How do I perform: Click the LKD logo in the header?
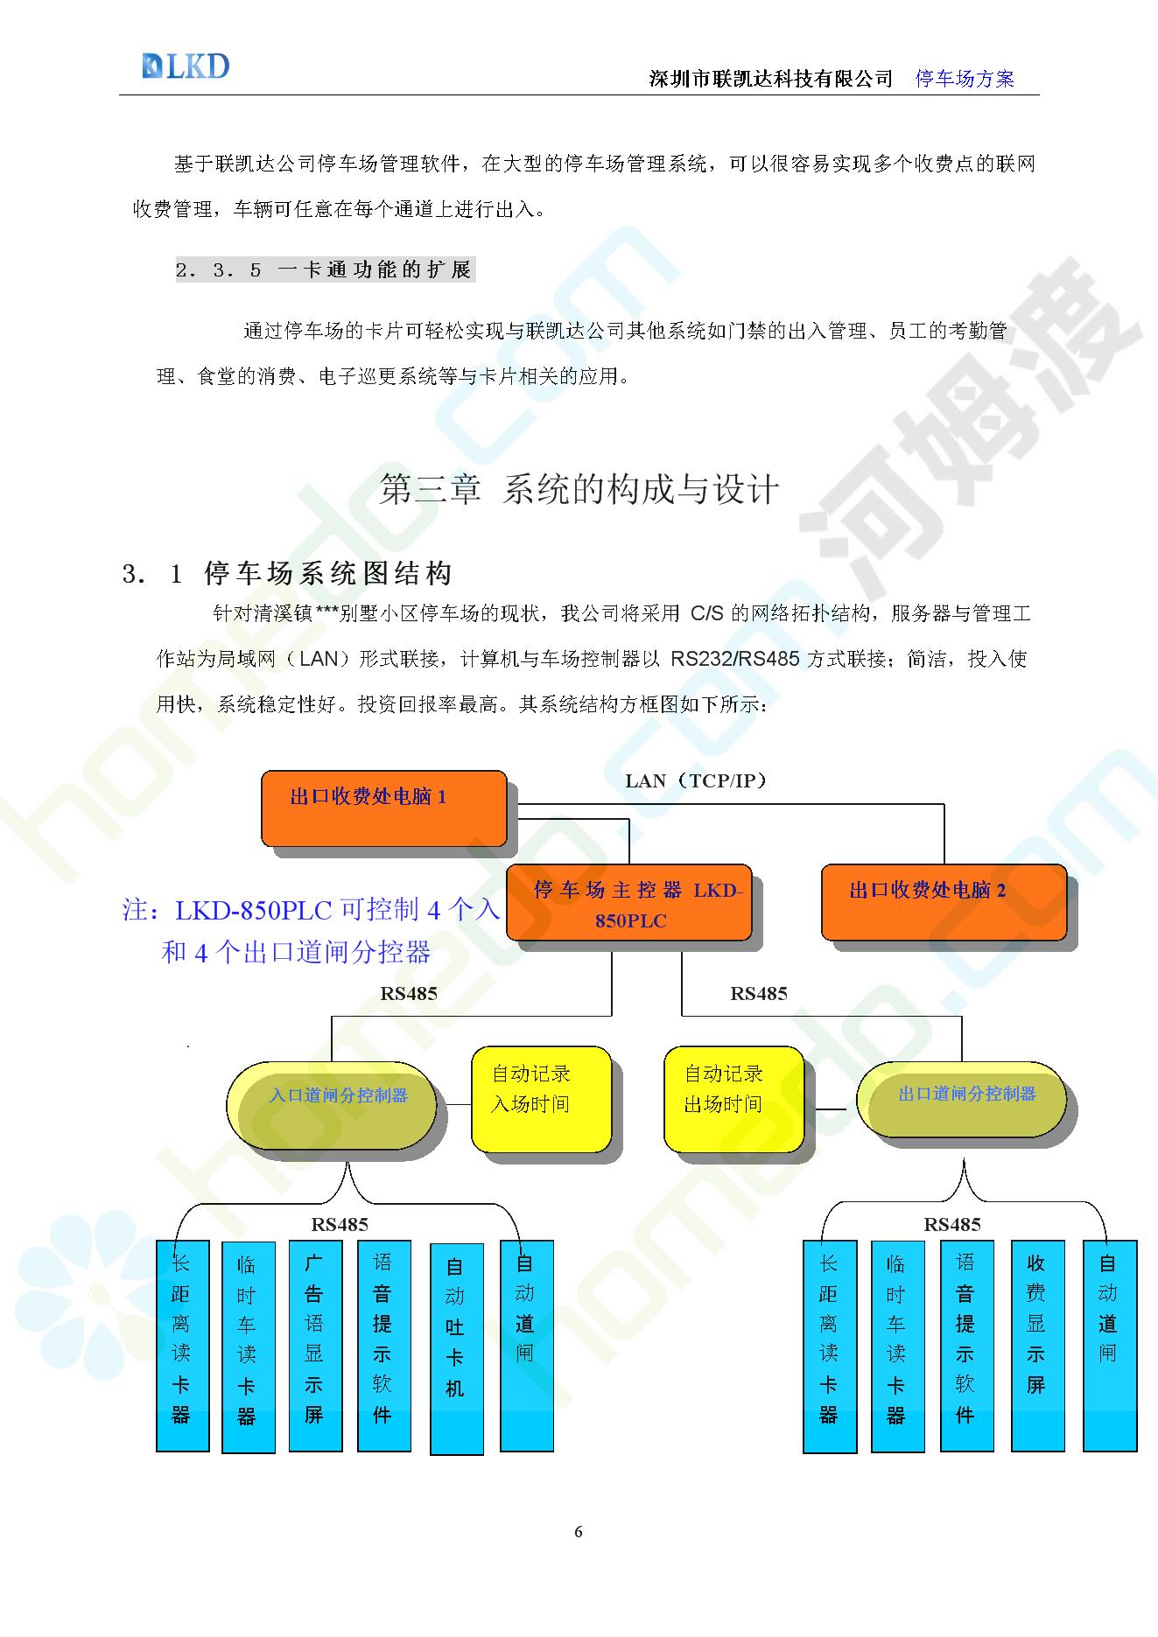click(x=186, y=66)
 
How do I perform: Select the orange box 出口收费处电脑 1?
click(x=384, y=808)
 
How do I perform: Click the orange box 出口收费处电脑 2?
click(x=944, y=902)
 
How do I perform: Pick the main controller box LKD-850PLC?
click(x=629, y=902)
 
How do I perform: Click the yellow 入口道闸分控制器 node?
click(x=332, y=1105)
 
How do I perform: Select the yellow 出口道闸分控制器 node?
click(x=961, y=1100)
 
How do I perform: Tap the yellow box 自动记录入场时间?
click(x=541, y=1100)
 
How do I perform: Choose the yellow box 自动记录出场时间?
click(x=733, y=1100)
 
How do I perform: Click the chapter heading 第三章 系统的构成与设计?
click(x=579, y=490)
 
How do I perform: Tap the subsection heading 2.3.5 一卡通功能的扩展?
click(x=324, y=269)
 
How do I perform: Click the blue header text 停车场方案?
click(x=965, y=79)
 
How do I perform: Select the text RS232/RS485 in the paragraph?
click(x=735, y=659)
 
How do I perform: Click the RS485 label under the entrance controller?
click(x=340, y=1224)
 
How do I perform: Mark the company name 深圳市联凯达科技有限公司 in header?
click(x=771, y=79)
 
